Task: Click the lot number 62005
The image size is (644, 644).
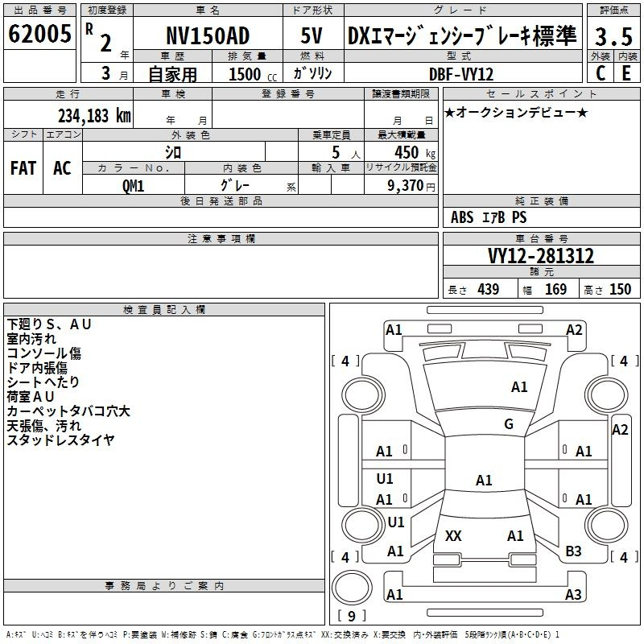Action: [x=39, y=34]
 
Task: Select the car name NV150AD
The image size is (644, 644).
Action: [x=208, y=35]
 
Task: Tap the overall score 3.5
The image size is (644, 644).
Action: [x=613, y=36]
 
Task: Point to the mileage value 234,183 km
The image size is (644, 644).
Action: [x=94, y=115]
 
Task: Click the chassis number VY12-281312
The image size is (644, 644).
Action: [x=541, y=256]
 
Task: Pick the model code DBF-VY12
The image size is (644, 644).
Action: [x=461, y=74]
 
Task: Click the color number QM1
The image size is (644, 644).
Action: [x=133, y=186]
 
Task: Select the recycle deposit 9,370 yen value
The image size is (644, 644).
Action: [x=411, y=186]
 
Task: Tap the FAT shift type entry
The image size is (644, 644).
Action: [x=23, y=168]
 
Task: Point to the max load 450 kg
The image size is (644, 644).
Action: [x=415, y=152]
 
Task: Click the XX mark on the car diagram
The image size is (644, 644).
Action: [x=453, y=535]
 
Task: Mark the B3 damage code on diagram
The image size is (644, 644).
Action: [x=573, y=551]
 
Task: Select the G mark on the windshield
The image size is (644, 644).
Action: [x=509, y=423]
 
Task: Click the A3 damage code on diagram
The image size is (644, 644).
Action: [x=573, y=594]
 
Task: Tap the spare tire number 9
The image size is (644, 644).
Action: [x=352, y=616]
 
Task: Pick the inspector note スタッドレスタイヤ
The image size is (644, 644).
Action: [x=60, y=440]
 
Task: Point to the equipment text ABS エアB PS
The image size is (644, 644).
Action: [x=489, y=217]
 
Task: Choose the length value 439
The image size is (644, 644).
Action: [x=489, y=289]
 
